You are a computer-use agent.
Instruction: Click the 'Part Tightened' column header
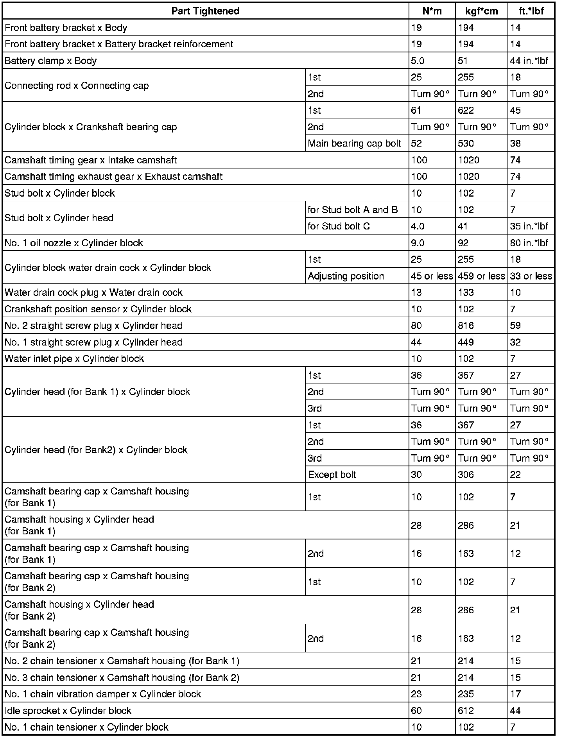[x=205, y=11]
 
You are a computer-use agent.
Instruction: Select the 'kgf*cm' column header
[x=482, y=11]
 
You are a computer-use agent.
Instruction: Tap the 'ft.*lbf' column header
[x=531, y=11]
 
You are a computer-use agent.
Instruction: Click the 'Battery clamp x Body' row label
[x=50, y=61]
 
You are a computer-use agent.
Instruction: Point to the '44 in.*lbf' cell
[x=529, y=61]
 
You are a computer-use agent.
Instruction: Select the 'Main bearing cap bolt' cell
[x=355, y=143]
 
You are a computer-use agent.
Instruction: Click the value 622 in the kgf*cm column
[x=466, y=111]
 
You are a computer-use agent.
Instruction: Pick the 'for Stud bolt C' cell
[x=339, y=226]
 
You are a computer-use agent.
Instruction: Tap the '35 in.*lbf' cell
[x=529, y=226]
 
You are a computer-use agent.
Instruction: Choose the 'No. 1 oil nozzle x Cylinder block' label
[x=74, y=243]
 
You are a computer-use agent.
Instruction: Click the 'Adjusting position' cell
[x=346, y=276]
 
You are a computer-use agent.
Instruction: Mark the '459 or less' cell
[x=481, y=276]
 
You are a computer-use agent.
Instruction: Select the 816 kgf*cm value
[x=466, y=326]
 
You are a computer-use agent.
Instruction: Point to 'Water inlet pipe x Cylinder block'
[x=74, y=359]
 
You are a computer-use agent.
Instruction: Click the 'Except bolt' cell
[x=332, y=475]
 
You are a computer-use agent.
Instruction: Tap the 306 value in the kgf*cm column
[x=466, y=475]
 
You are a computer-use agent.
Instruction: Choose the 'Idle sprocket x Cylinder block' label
[x=68, y=711]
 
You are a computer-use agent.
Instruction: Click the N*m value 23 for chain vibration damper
[x=416, y=694]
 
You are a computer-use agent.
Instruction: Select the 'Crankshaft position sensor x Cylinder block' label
[x=98, y=309]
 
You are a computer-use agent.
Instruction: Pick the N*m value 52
[x=416, y=143]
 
